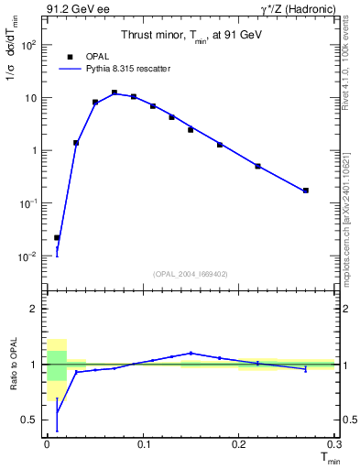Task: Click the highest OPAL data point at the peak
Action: (115, 93)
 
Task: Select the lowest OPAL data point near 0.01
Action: (57, 237)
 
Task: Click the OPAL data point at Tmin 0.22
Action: (258, 166)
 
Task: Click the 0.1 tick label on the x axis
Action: (143, 444)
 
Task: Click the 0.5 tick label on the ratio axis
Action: (30, 420)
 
